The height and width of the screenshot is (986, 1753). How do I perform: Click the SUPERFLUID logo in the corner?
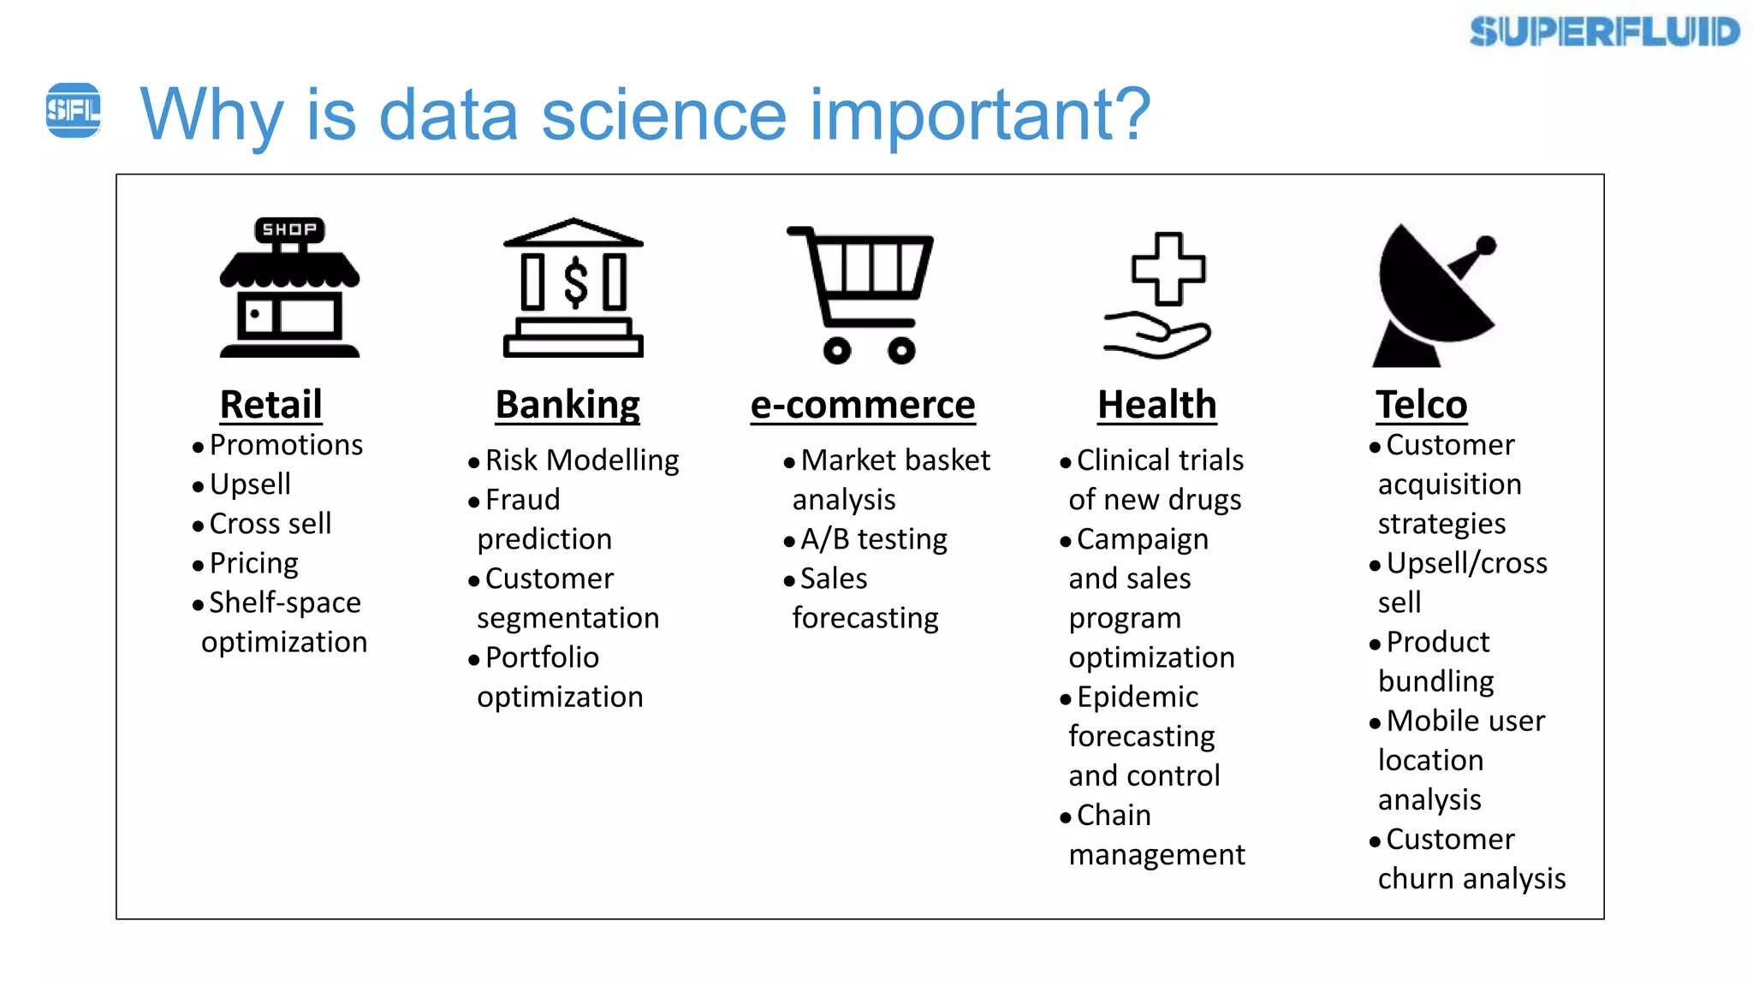click(x=1604, y=32)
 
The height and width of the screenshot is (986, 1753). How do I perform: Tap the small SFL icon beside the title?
click(x=73, y=110)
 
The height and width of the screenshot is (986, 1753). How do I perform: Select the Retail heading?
click(x=270, y=404)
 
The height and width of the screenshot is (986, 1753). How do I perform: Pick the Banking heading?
click(x=567, y=404)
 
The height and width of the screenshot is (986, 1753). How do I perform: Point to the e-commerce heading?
click(x=862, y=404)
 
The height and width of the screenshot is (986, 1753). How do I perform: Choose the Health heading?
click(x=1156, y=404)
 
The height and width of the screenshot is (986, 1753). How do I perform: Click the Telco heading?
click(x=1421, y=404)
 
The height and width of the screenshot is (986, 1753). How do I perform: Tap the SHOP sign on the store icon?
click(x=289, y=229)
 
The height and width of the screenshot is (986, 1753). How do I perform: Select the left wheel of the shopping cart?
click(x=836, y=350)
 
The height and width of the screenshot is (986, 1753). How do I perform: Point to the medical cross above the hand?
click(x=1168, y=269)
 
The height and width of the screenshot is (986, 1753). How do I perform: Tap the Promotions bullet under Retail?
click(x=285, y=445)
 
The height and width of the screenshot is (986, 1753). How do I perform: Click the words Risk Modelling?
click(x=582, y=460)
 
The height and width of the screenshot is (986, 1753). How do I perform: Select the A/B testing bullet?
click(x=873, y=539)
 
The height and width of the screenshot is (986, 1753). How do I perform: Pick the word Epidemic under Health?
click(x=1137, y=697)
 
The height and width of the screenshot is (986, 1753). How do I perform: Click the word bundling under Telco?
click(x=1435, y=681)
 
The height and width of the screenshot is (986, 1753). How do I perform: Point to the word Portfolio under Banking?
click(x=542, y=657)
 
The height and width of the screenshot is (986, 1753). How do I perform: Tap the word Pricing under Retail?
click(x=253, y=563)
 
